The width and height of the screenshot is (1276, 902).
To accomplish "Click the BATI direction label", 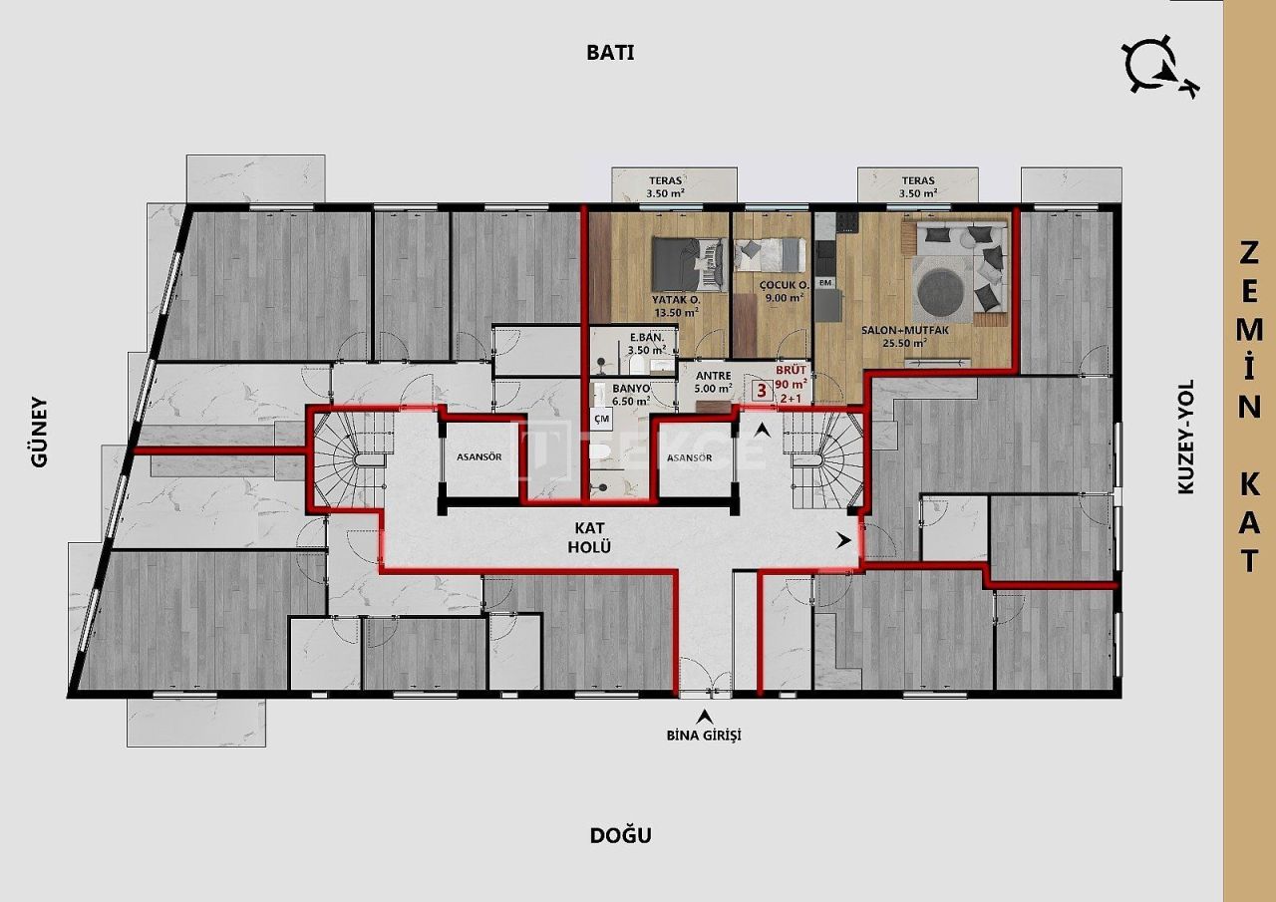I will click(x=610, y=54).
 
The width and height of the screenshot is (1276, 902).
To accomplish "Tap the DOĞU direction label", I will click(x=620, y=835).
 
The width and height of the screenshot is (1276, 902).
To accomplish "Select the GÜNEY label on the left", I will click(x=39, y=433).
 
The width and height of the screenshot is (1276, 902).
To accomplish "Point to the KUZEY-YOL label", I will click(x=1185, y=437).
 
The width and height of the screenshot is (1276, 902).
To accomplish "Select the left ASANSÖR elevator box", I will click(x=478, y=457).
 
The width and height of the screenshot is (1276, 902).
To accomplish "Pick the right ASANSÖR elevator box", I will click(x=689, y=457).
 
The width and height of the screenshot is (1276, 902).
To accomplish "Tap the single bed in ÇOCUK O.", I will click(x=770, y=255).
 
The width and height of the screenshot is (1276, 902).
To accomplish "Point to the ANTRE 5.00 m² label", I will click(x=714, y=383).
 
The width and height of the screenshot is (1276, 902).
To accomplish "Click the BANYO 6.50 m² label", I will click(x=631, y=394).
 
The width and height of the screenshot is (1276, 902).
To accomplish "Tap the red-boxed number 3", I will click(x=763, y=391).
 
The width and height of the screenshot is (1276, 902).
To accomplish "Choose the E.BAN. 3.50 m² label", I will click(x=646, y=344).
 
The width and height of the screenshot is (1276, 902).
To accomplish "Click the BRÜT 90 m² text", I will click(x=793, y=377).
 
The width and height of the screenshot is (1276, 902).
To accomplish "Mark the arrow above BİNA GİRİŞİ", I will click(x=706, y=716).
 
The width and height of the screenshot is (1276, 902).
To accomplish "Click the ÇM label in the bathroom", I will click(x=601, y=421).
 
